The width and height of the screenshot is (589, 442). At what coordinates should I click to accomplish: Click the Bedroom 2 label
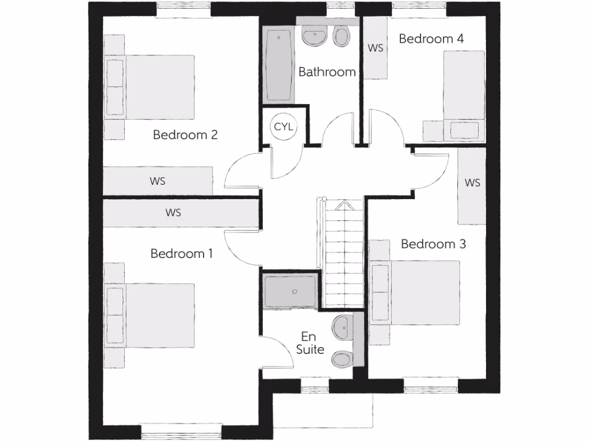pyautogui.click(x=185, y=135)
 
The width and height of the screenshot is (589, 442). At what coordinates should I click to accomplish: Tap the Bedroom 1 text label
pyautogui.click(x=182, y=253)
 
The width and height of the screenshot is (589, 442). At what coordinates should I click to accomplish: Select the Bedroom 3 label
pyautogui.click(x=433, y=244)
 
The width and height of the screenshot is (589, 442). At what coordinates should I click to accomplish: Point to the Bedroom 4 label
pyautogui.click(x=431, y=39)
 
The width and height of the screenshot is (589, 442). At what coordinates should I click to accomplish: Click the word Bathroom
pyautogui.click(x=327, y=72)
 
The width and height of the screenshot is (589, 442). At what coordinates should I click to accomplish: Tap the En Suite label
pyautogui.click(x=309, y=343)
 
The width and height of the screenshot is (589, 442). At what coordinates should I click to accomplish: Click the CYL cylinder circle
pyautogui.click(x=283, y=127)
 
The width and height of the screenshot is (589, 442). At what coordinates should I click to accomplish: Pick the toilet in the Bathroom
pyautogui.click(x=342, y=37)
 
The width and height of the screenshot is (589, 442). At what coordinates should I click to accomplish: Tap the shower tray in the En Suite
pyautogui.click(x=290, y=292)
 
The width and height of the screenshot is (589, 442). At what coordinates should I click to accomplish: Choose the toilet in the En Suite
pyautogui.click(x=342, y=359)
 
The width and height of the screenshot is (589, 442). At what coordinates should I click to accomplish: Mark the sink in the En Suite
pyautogui.click(x=342, y=327)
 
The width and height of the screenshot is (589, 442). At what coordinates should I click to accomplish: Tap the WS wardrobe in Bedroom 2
pyautogui.click(x=158, y=181)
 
